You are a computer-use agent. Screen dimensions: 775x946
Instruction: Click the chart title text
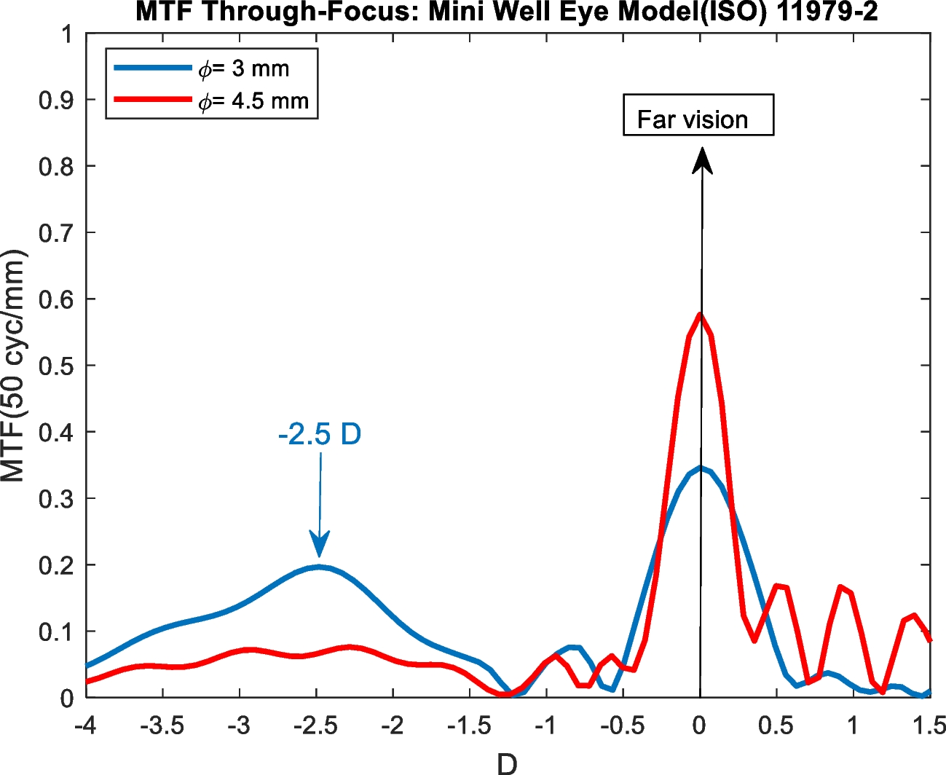tap(507, 12)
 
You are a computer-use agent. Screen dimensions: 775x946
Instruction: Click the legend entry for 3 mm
tap(244, 68)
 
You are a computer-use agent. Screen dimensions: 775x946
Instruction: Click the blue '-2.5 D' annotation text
tap(320, 435)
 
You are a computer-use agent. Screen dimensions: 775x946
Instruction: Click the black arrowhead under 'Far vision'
tap(701, 160)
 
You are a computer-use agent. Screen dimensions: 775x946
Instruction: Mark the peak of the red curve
tap(700, 314)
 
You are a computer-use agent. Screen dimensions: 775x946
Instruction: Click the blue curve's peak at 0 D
tap(700, 468)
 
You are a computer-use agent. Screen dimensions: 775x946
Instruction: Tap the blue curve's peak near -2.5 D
tap(319, 566)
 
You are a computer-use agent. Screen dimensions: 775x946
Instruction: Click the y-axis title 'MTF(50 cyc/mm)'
tap(13, 366)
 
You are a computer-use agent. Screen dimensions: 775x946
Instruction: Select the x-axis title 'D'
tap(507, 763)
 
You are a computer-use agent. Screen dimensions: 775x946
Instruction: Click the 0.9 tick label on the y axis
tap(56, 101)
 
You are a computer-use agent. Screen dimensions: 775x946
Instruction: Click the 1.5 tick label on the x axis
tap(929, 725)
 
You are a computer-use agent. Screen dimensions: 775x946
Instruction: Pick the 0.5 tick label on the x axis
tap(776, 725)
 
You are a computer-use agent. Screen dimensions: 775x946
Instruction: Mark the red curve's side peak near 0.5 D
tap(778, 585)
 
